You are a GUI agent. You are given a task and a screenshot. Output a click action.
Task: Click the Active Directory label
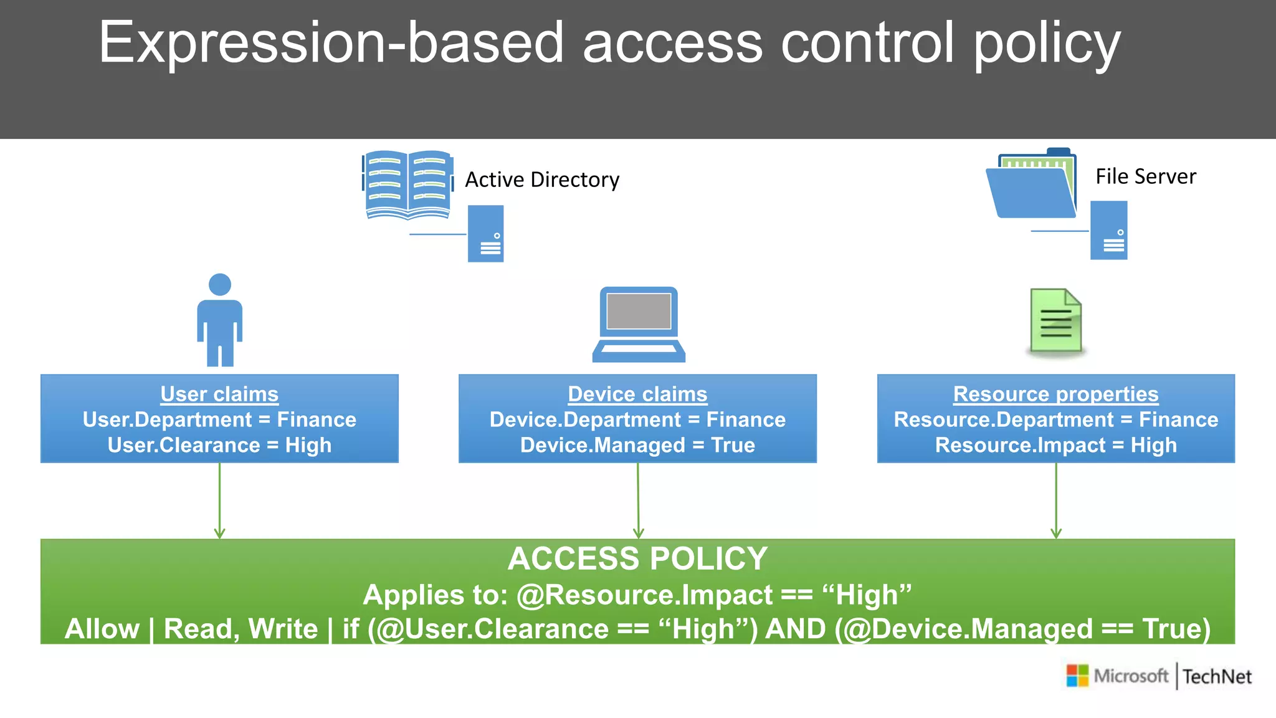tap(542, 179)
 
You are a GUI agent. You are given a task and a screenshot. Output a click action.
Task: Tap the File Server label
tap(1145, 176)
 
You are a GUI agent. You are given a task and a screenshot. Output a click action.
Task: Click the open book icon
tap(407, 184)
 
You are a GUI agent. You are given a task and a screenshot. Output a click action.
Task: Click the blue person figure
tap(219, 320)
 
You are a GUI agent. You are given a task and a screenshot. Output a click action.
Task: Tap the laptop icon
tap(639, 324)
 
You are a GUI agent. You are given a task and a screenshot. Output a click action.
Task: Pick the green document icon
tap(1055, 320)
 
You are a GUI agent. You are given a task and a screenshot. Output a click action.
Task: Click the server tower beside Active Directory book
tap(486, 234)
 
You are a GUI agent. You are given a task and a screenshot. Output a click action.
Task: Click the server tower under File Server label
tap(1108, 230)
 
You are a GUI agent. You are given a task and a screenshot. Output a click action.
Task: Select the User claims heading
tap(219, 394)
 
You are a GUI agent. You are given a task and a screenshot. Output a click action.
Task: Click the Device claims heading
tap(637, 394)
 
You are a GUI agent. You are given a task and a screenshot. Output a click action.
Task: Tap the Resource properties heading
tap(1055, 394)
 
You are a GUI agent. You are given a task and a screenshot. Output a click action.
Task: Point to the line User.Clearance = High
tap(219, 445)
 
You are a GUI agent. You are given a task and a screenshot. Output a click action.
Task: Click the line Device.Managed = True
tap(637, 445)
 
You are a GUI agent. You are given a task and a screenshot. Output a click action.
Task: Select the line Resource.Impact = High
tap(1055, 445)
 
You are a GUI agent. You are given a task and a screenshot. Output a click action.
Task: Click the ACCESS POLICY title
tap(637, 558)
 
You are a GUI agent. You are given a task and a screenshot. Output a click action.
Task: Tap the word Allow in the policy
tap(102, 628)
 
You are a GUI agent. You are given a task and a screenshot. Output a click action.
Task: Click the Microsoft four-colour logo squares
tap(1077, 676)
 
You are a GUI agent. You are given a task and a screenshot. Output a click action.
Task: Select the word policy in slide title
tap(1047, 45)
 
